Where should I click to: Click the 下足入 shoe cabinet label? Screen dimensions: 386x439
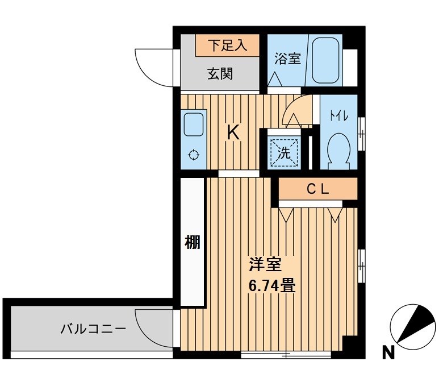coord(228,45)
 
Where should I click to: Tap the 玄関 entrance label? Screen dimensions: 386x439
coord(219,74)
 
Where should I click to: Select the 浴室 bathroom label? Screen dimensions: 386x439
coord(287,59)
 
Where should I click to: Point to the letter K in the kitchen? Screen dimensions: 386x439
coord(233,132)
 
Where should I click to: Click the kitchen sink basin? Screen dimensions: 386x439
coord(193,124)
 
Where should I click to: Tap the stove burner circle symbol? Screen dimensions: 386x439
coord(193,154)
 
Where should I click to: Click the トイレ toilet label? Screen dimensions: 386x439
coord(339,115)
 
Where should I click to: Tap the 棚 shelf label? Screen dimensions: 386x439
coord(193,243)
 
